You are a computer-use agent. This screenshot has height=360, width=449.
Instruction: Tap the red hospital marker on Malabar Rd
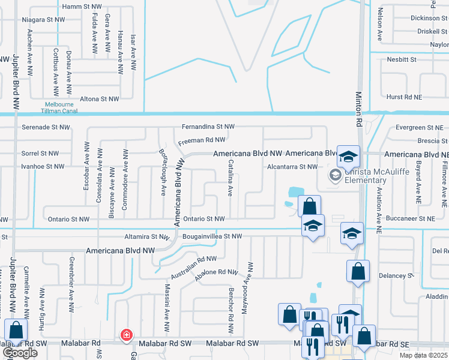[x=127, y=335]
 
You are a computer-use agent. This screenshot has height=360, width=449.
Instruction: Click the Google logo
[x=20, y=353]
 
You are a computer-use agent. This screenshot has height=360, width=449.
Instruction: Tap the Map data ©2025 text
[x=423, y=355]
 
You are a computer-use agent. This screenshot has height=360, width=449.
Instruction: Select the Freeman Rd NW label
[x=202, y=140]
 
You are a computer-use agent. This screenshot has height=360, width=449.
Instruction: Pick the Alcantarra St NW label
[x=292, y=166]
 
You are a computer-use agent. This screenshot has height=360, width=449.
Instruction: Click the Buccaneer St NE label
[x=411, y=219]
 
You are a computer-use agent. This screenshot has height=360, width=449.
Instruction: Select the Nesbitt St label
[x=402, y=59]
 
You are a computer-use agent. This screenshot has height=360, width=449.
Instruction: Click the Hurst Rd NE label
[x=403, y=97]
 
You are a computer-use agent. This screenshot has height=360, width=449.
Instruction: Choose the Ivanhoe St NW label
[x=43, y=166]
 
